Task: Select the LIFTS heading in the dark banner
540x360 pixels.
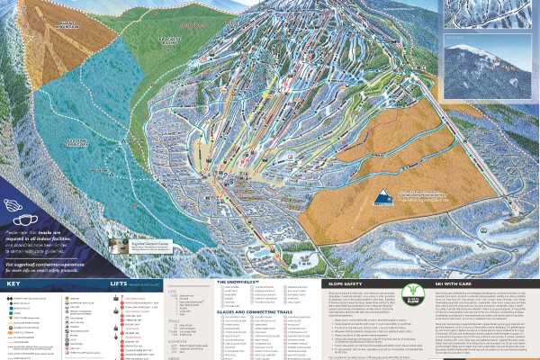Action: [x=120, y=283]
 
